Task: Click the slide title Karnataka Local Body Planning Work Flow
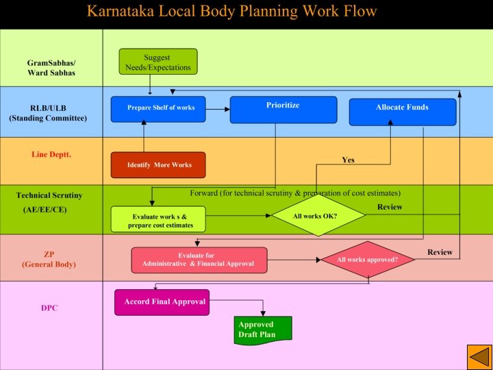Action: [231, 12]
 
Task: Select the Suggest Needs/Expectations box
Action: [157, 62]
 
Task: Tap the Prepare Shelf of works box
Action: [158, 109]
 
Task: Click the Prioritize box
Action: [283, 110]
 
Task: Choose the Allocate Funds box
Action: [402, 112]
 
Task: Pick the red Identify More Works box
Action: [157, 165]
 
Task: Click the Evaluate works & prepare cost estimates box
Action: [158, 221]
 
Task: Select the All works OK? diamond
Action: [315, 216]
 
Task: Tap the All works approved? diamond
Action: [368, 260]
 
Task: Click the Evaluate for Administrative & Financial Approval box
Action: [199, 260]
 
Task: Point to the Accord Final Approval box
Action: [162, 302]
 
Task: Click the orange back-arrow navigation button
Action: [478, 356]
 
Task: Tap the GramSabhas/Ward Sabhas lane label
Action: [51, 68]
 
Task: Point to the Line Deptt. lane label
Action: [51, 154]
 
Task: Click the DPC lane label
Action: [49, 308]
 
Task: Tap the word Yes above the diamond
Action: [348, 160]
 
